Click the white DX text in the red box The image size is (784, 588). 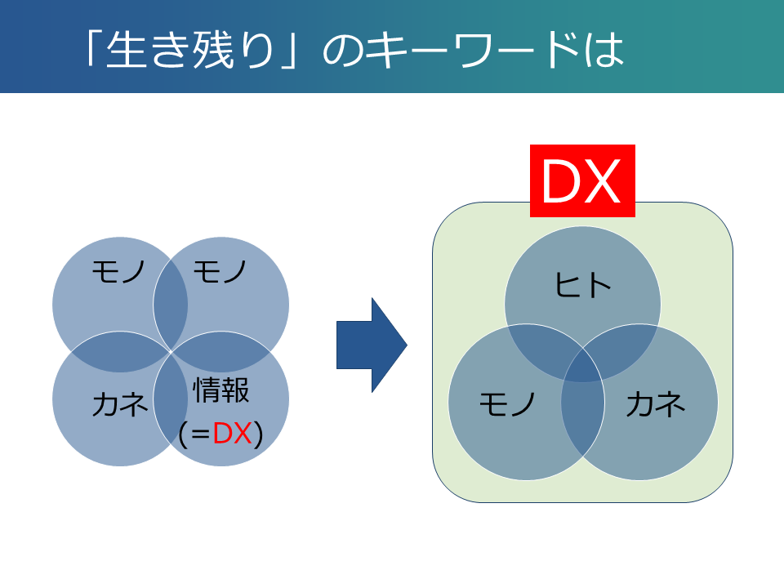[x=581, y=181]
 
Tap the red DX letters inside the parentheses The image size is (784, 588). [x=232, y=433]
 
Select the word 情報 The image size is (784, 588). [x=221, y=390]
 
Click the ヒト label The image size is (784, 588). [x=583, y=286]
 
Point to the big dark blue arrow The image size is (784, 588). [x=372, y=345]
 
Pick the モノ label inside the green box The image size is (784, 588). [x=507, y=404]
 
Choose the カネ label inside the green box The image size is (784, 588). [x=656, y=404]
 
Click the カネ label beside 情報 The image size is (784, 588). [x=120, y=404]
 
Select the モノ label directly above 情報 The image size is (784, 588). [x=220, y=272]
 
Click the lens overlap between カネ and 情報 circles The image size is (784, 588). [x=171, y=400]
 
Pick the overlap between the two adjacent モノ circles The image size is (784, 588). [x=171, y=304]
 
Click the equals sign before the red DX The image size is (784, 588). [x=199, y=434]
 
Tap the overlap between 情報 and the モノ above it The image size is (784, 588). [x=221, y=351]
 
